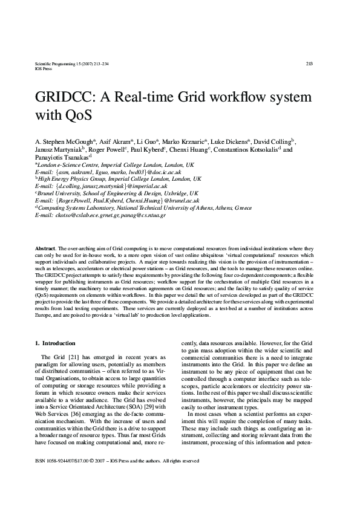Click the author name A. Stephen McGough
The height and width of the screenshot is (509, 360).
(x=65, y=140)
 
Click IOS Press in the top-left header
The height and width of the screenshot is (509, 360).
(x=45, y=69)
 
